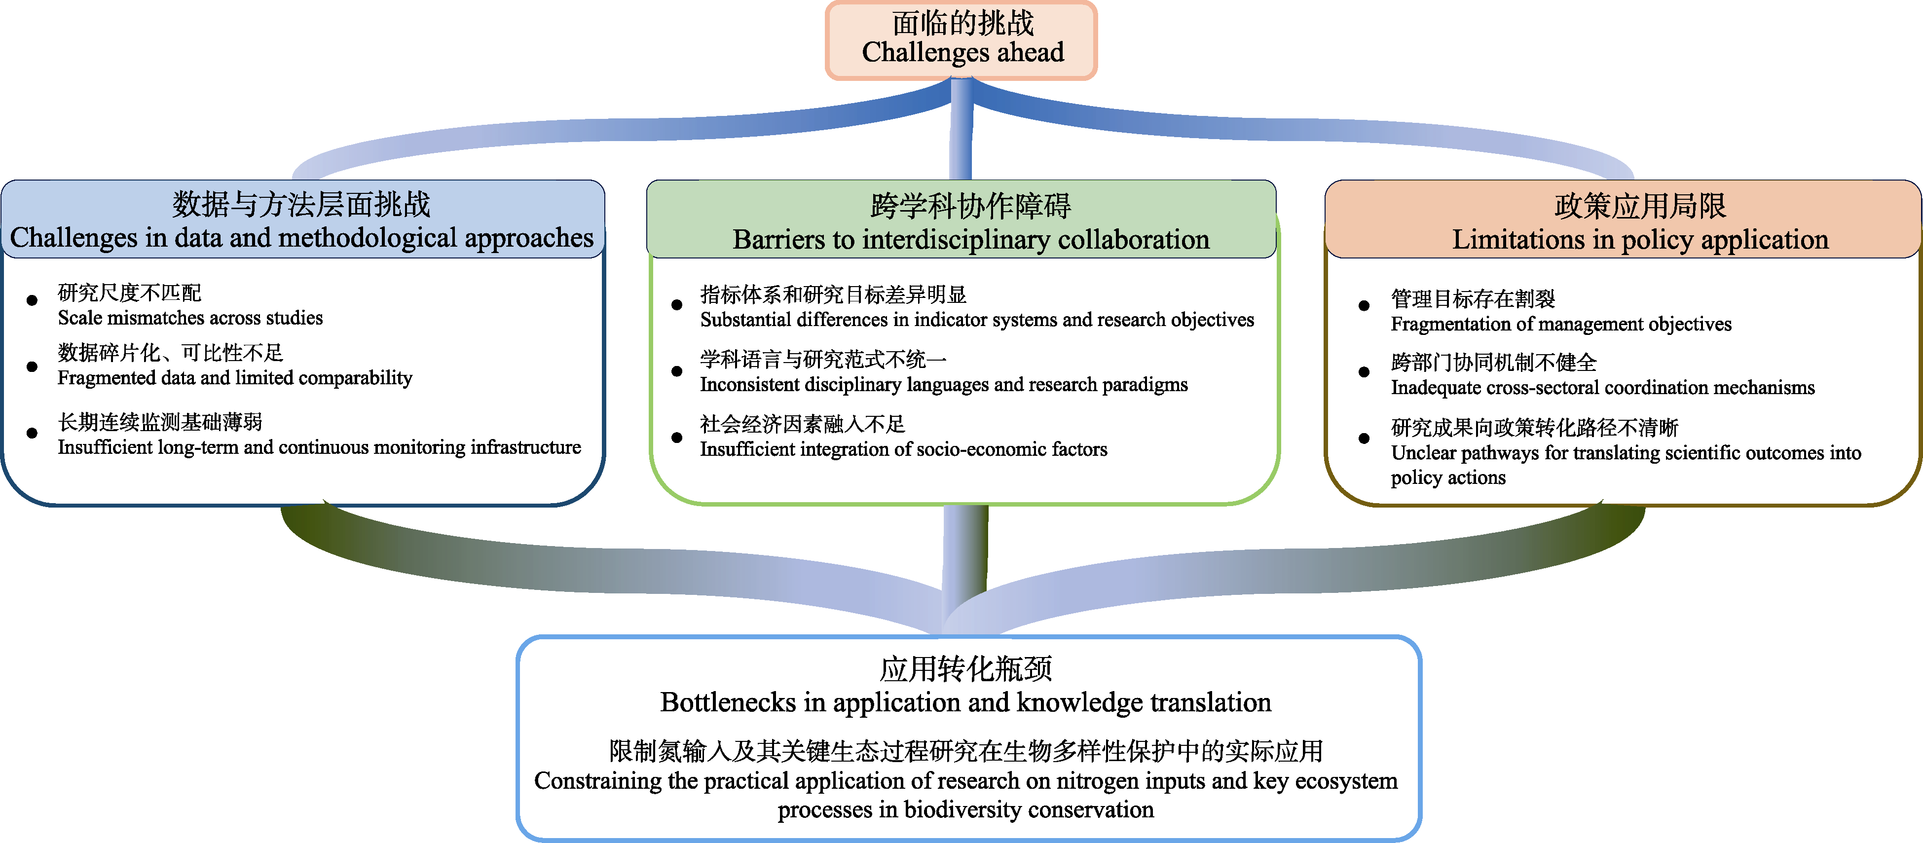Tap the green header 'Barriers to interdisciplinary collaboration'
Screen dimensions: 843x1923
(970, 240)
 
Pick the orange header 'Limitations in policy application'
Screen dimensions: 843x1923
(1640, 240)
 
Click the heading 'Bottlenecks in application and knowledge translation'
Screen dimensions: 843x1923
(965, 702)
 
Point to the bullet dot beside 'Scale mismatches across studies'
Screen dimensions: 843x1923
(32, 300)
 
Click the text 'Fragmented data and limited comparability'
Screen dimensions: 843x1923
(234, 378)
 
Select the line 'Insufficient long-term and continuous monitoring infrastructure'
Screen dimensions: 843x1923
(319, 447)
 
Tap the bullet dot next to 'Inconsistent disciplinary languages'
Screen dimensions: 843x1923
(677, 371)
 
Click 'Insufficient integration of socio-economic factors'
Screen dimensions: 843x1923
(903, 449)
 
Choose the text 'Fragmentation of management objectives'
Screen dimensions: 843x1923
(1561, 324)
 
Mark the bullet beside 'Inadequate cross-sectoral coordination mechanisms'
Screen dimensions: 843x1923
(1364, 372)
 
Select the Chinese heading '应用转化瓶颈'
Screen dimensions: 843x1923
(965, 669)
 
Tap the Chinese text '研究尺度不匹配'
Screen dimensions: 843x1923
(129, 293)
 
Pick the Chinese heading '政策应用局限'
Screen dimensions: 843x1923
(1640, 206)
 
